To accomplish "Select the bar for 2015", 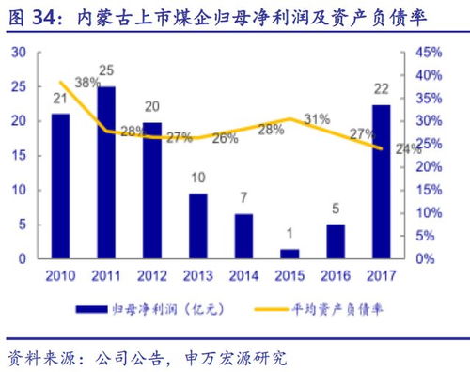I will (290, 253).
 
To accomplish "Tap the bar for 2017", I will (381, 180).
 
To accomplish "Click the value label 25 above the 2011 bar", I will (107, 70).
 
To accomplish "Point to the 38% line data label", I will (87, 83).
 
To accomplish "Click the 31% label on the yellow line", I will (316, 119).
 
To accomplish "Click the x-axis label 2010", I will (60, 275).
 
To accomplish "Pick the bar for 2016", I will (336, 240).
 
